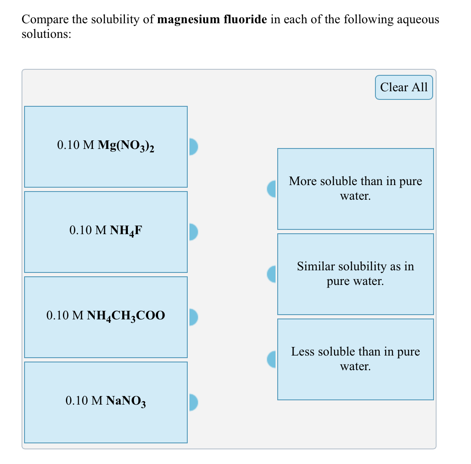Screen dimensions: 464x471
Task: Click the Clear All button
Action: point(403,87)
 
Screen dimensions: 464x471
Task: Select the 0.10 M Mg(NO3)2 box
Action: point(105,146)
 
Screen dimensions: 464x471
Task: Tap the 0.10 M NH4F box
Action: point(105,232)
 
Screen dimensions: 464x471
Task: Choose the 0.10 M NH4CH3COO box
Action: point(105,317)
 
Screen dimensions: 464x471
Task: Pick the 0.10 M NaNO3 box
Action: point(105,402)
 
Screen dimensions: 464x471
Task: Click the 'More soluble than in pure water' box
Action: point(355,189)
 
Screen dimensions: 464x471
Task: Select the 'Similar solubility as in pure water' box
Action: point(355,274)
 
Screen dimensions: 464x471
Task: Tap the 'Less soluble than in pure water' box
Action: point(355,359)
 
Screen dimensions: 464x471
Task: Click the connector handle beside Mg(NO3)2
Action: point(193,146)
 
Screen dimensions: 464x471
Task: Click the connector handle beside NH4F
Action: point(193,232)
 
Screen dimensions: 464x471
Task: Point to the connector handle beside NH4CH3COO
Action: point(193,317)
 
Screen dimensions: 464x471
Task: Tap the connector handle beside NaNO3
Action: point(193,402)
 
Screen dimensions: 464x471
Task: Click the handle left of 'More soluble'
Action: point(271,189)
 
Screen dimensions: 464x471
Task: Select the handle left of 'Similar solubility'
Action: point(271,274)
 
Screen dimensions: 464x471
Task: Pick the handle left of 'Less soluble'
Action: point(271,359)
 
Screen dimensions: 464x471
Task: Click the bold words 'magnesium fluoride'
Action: point(213,20)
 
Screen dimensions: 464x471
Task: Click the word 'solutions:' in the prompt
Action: point(46,34)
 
